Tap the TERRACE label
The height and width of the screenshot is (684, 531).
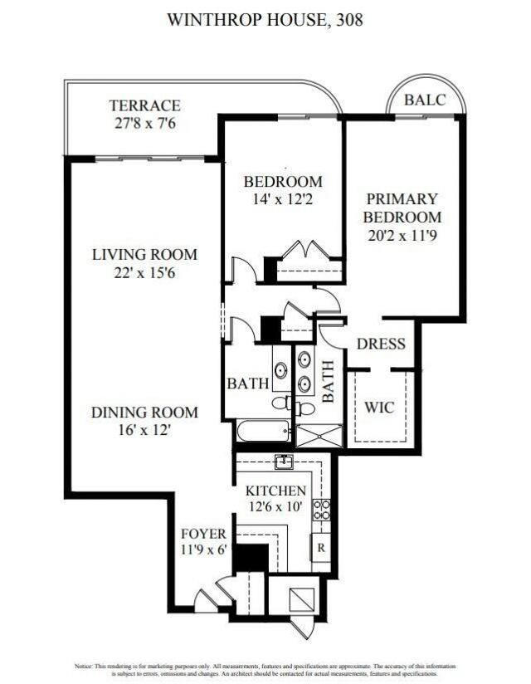(144, 105)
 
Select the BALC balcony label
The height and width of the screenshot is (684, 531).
(425, 100)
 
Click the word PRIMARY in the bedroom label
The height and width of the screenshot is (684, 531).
(402, 199)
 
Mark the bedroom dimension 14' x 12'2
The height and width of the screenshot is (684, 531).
(282, 199)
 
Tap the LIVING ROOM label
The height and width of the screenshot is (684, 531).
(144, 254)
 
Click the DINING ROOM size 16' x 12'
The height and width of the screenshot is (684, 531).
(144, 429)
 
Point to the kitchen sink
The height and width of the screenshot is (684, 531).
(284, 462)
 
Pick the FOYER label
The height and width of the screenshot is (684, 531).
(203, 533)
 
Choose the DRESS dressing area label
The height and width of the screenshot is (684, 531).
(381, 344)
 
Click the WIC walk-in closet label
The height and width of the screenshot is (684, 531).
(379, 408)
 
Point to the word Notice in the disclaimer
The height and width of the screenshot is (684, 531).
(85, 666)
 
